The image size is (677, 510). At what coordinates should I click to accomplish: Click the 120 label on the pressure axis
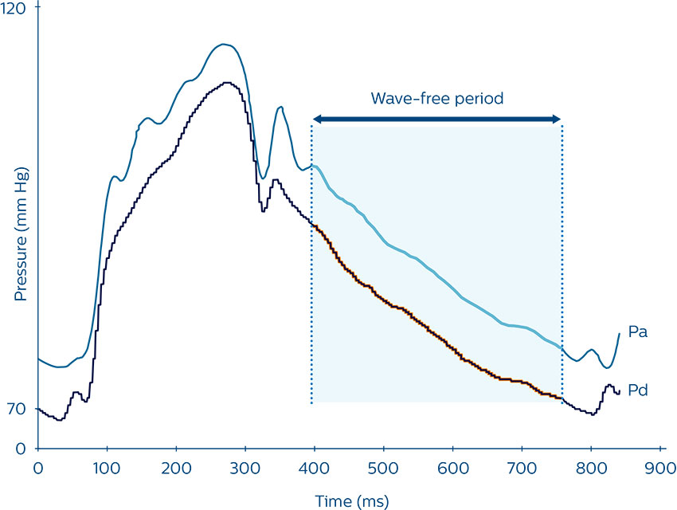coord(15,10)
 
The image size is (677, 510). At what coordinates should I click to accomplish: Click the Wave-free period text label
coord(437,99)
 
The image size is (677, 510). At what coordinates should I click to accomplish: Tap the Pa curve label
coord(637,331)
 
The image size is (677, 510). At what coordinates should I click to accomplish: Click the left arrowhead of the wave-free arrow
coord(316,119)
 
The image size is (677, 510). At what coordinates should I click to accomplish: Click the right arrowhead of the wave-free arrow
coord(558,119)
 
